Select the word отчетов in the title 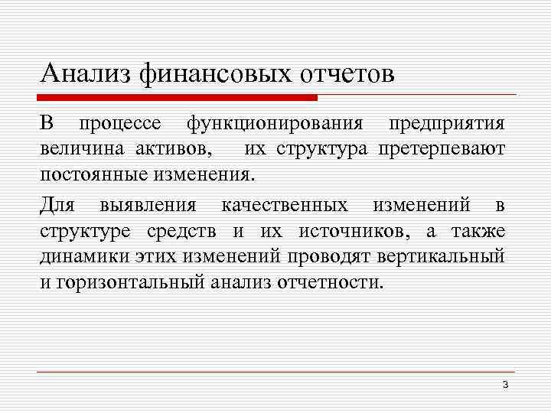(x=346, y=74)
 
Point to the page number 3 (x=505, y=384)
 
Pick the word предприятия (x=447, y=123)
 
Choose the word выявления (x=148, y=206)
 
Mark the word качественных (x=284, y=206)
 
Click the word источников (x=334, y=231)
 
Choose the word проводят (x=340, y=256)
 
